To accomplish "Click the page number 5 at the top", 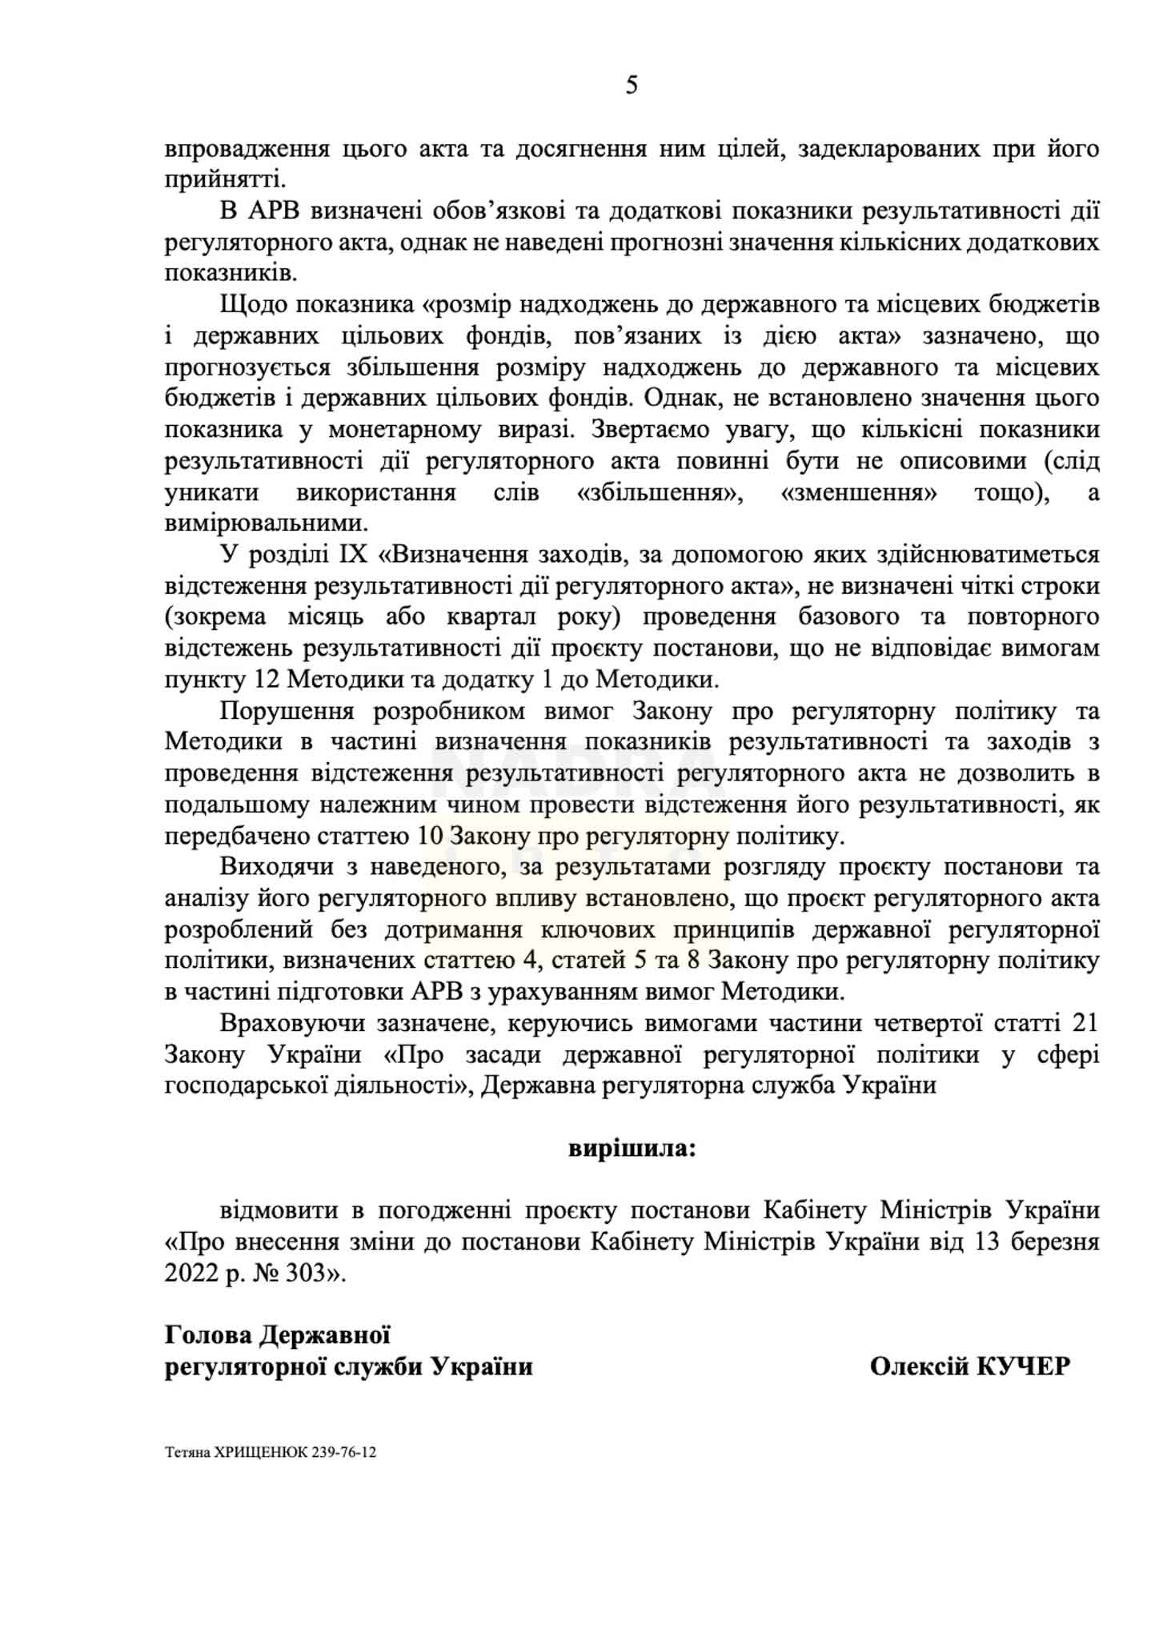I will [x=631, y=85].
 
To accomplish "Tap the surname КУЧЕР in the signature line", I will [x=1023, y=1366].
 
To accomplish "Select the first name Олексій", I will [x=920, y=1366].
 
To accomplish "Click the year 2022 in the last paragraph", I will [x=191, y=1273].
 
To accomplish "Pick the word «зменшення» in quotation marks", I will [x=857, y=492].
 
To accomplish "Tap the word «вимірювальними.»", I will [x=267, y=524].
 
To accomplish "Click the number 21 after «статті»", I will [x=1083, y=1023].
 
